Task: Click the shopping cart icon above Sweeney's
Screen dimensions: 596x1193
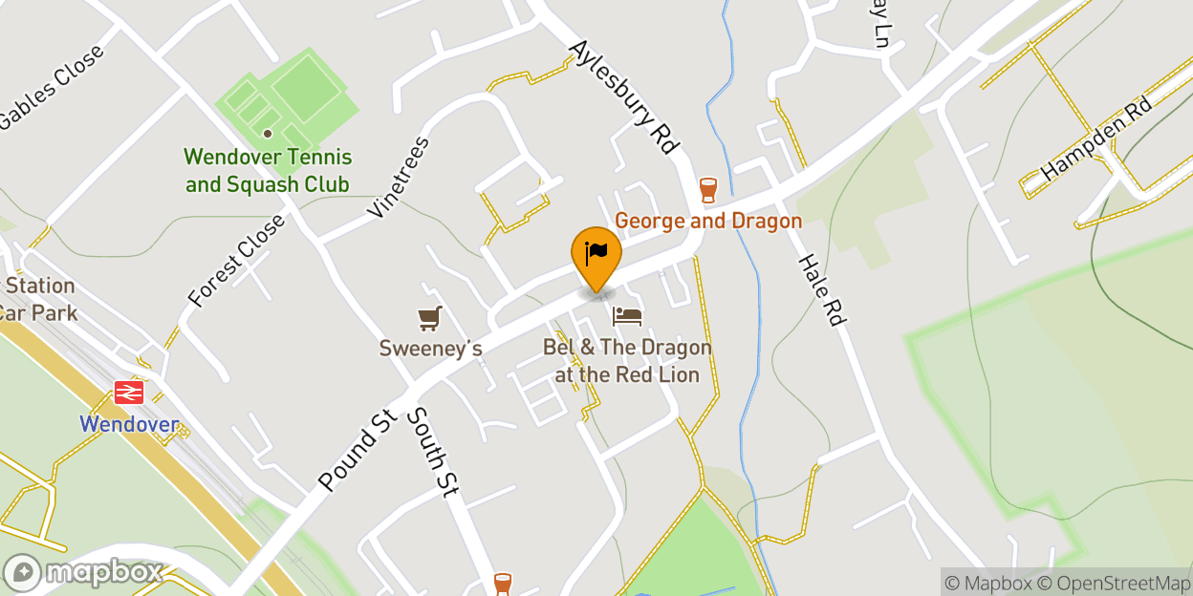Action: coord(430,318)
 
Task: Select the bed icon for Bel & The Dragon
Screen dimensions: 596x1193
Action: coord(627,316)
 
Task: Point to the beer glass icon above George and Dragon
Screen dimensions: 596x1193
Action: coord(707,189)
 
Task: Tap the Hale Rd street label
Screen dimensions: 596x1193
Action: coord(822,290)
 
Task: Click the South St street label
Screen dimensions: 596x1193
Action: coord(433,452)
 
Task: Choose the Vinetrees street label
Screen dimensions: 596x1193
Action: coord(399,178)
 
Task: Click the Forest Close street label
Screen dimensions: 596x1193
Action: coord(236,260)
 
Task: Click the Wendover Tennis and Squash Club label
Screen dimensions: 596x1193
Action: coord(268,170)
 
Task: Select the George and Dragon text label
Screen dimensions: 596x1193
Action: coord(707,222)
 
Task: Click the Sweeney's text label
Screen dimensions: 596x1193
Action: coord(430,349)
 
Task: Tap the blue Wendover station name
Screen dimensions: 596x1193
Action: coord(129,423)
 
